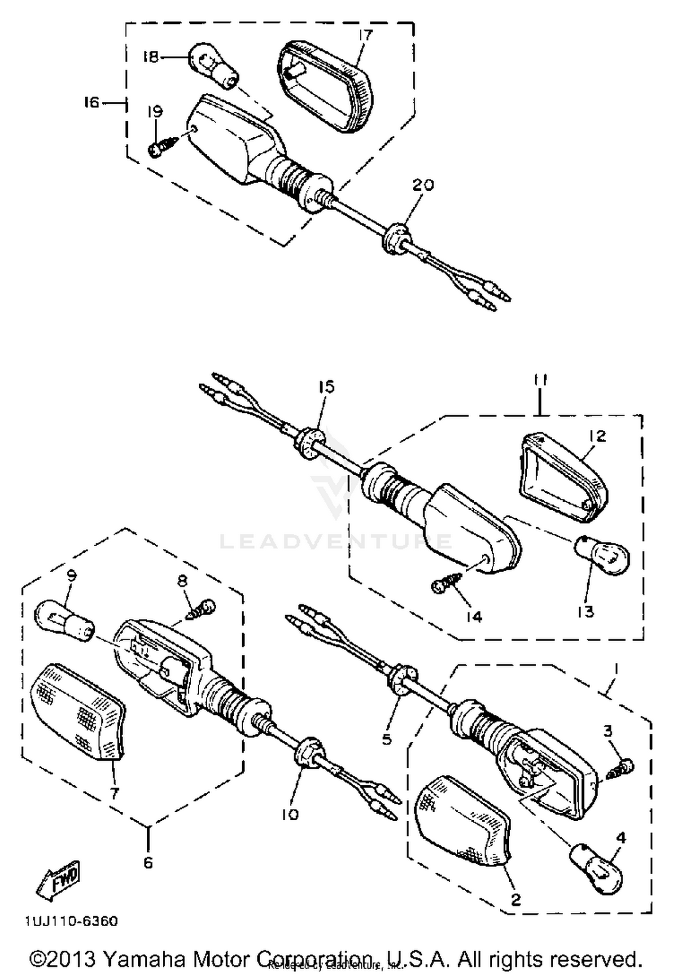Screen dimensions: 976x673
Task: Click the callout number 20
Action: tap(424, 185)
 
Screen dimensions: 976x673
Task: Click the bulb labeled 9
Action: tap(64, 621)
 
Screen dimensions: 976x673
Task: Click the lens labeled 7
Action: tap(77, 713)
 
